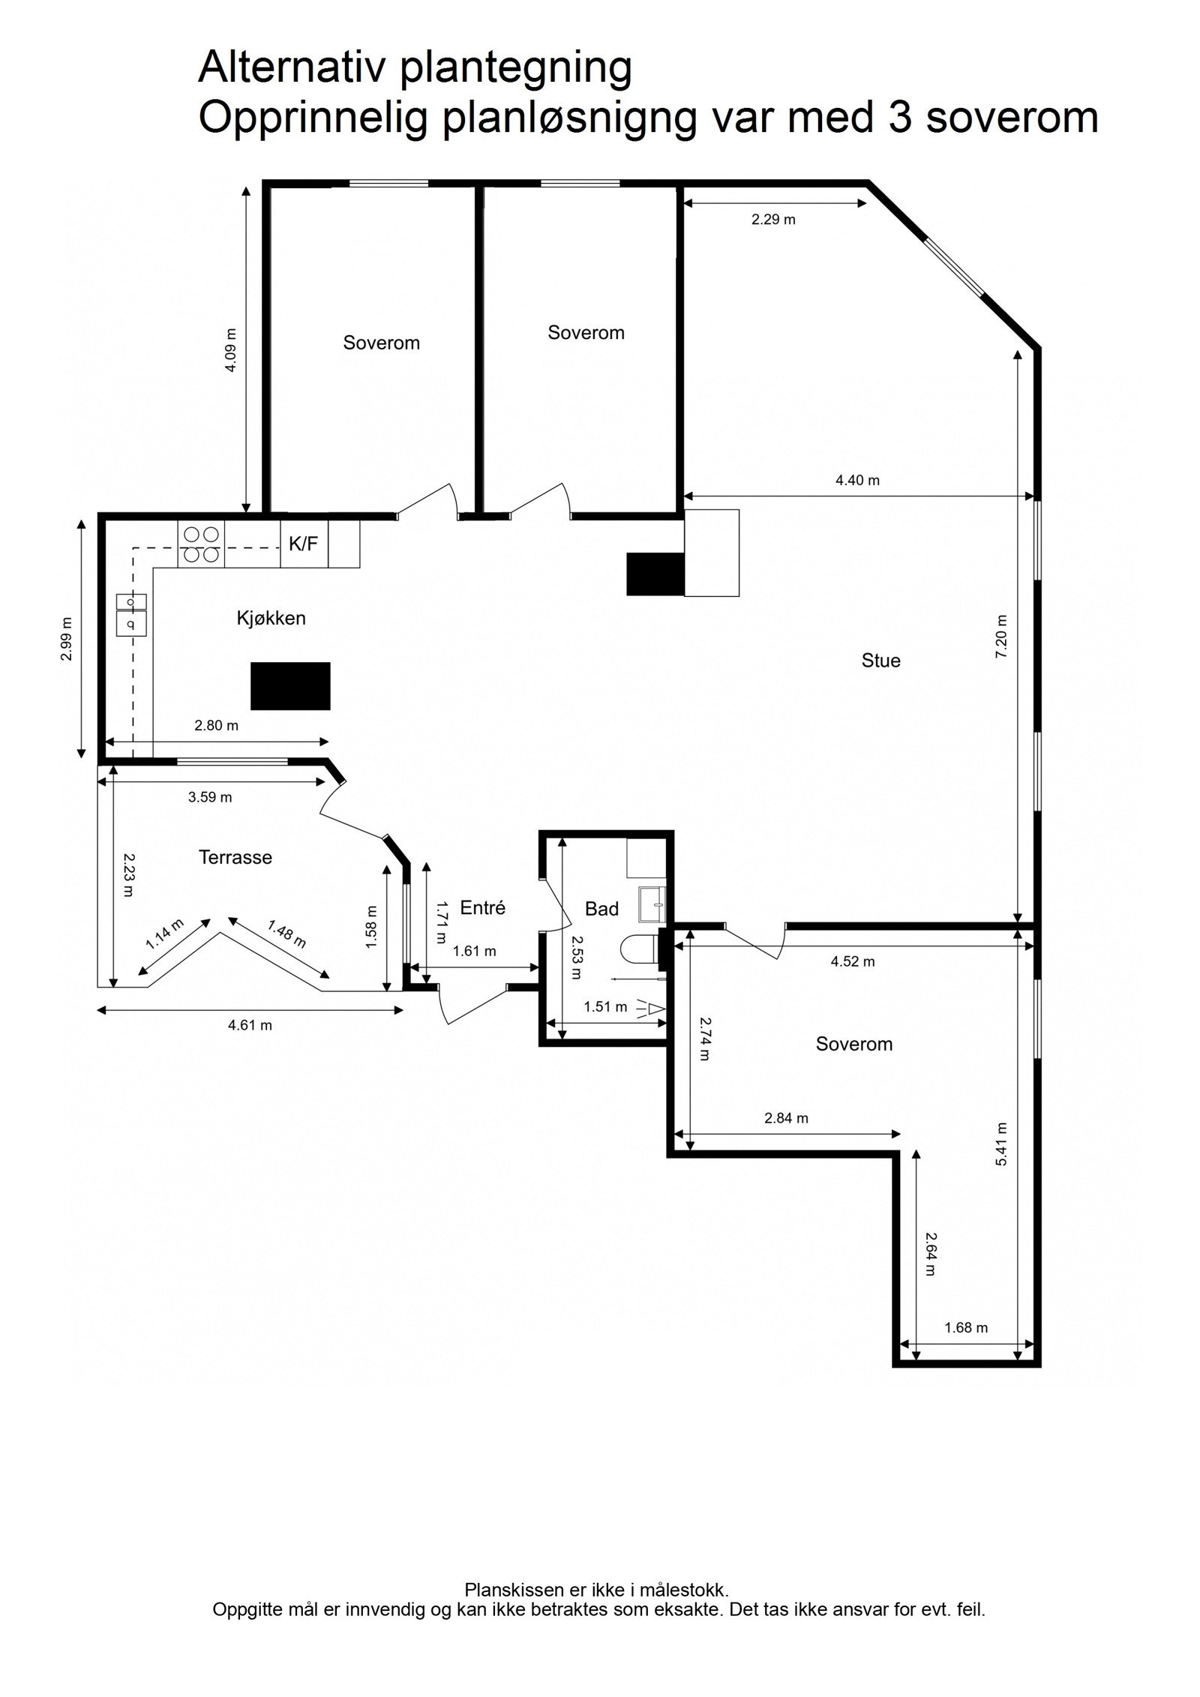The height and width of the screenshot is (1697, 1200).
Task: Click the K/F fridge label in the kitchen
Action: point(303,544)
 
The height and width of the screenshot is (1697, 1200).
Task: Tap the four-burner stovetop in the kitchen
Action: point(201,544)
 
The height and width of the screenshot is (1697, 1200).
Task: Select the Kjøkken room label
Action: point(271,619)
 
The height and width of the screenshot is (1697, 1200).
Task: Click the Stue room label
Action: point(880,661)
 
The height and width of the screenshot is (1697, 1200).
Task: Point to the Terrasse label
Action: point(235,857)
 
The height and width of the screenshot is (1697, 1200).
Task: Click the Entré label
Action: point(482,908)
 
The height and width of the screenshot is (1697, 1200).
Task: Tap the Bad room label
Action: point(601,909)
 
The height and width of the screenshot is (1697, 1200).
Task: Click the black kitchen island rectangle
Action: point(290,685)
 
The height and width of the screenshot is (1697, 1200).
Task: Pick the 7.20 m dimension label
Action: point(1001,637)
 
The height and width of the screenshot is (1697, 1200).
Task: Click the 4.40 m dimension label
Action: point(857,480)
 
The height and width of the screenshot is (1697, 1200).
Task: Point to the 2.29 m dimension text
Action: point(773,220)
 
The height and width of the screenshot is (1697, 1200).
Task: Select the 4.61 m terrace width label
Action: point(250,1025)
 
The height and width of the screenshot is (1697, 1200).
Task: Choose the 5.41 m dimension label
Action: point(1001,1144)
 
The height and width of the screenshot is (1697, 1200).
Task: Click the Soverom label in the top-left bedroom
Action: point(381,343)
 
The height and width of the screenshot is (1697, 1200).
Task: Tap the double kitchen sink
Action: point(131,613)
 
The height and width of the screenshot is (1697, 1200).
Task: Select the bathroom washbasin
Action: point(652,904)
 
